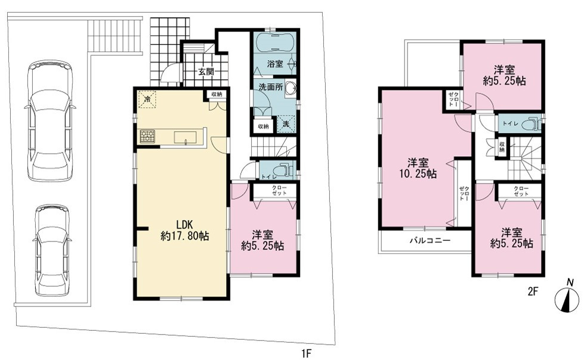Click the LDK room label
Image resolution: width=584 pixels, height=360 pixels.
[184, 225]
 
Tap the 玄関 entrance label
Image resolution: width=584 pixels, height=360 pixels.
[206, 72]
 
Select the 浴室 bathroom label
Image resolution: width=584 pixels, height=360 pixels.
[275, 64]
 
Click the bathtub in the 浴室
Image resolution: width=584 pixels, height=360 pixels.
[275, 42]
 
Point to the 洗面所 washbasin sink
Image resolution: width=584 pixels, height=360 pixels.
[291, 89]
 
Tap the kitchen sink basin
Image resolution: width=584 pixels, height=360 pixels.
[186, 137]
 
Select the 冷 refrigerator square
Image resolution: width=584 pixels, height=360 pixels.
[147, 99]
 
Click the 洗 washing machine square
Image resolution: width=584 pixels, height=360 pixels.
[286, 123]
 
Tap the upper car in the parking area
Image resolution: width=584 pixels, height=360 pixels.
[50, 120]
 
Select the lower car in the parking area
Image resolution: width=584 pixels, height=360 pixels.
[52, 250]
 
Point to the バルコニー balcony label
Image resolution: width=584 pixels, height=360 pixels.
[430, 240]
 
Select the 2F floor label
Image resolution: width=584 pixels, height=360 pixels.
[533, 291]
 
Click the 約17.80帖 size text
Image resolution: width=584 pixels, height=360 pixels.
[185, 236]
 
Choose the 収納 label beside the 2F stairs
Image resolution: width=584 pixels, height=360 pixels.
[502, 147]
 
